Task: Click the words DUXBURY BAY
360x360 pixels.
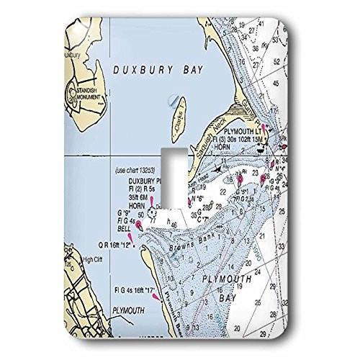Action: [x=158, y=70]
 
